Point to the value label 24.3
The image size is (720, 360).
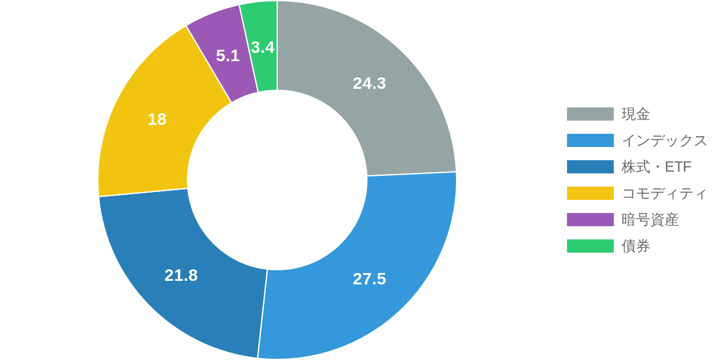click(x=369, y=83)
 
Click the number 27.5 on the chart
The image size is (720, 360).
click(x=369, y=279)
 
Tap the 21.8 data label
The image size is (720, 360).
click(x=181, y=275)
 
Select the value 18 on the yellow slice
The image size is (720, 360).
click(x=157, y=119)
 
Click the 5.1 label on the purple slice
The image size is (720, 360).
click(x=228, y=56)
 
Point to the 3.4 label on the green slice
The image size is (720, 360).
click(x=263, y=47)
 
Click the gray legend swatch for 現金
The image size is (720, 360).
click(x=590, y=114)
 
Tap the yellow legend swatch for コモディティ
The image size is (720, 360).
click(x=590, y=193)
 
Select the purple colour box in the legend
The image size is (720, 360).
click(x=590, y=220)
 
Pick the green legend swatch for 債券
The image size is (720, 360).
click(x=590, y=246)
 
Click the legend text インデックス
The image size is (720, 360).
click(x=664, y=140)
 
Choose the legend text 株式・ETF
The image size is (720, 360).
click(x=657, y=167)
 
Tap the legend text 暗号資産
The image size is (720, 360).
click(x=650, y=220)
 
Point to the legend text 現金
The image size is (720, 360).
click(x=635, y=114)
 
